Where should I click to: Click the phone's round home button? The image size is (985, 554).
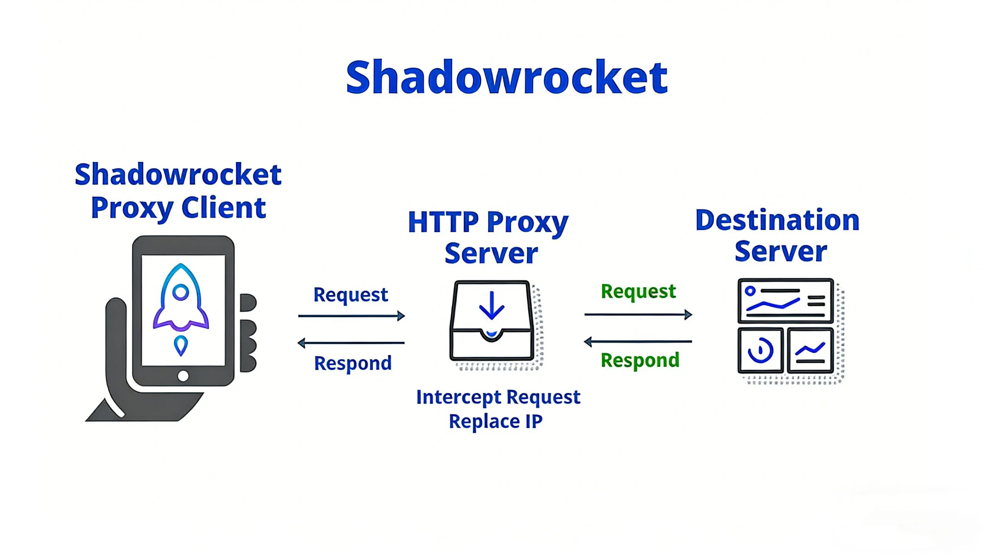point(183,375)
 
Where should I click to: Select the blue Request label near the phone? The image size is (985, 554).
point(351,295)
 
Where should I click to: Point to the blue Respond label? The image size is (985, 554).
point(352,363)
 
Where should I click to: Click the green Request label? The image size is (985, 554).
point(638,291)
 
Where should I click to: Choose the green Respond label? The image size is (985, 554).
point(640,360)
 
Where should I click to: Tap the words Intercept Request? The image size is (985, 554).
point(498,397)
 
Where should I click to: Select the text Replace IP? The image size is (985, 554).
point(496,421)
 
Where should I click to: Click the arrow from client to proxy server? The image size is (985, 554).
point(351,316)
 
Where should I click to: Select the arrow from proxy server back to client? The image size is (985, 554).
point(351,343)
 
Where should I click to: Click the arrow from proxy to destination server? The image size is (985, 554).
point(638,315)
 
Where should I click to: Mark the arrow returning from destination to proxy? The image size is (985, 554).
point(638,341)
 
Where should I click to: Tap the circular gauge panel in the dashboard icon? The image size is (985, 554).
point(760,350)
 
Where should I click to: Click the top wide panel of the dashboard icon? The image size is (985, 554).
point(785,301)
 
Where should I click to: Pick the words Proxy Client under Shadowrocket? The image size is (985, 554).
point(178,208)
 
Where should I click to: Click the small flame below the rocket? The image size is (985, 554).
point(181,345)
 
